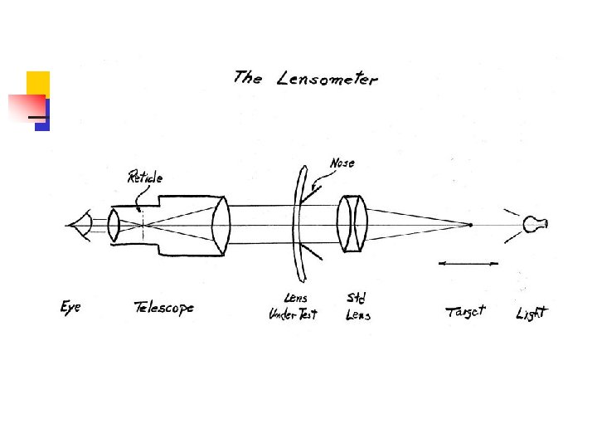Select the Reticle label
click(145, 177)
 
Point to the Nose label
click(342, 163)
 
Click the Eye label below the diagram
click(70, 308)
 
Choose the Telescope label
click(164, 308)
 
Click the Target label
click(465, 312)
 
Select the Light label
click(531, 314)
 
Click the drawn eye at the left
click(81, 225)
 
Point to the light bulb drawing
click(535, 224)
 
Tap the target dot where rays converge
click(470, 225)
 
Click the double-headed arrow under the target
click(468, 263)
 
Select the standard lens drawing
click(352, 224)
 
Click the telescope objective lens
click(220, 225)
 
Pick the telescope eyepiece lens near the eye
click(114, 225)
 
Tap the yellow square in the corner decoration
click(38, 84)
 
